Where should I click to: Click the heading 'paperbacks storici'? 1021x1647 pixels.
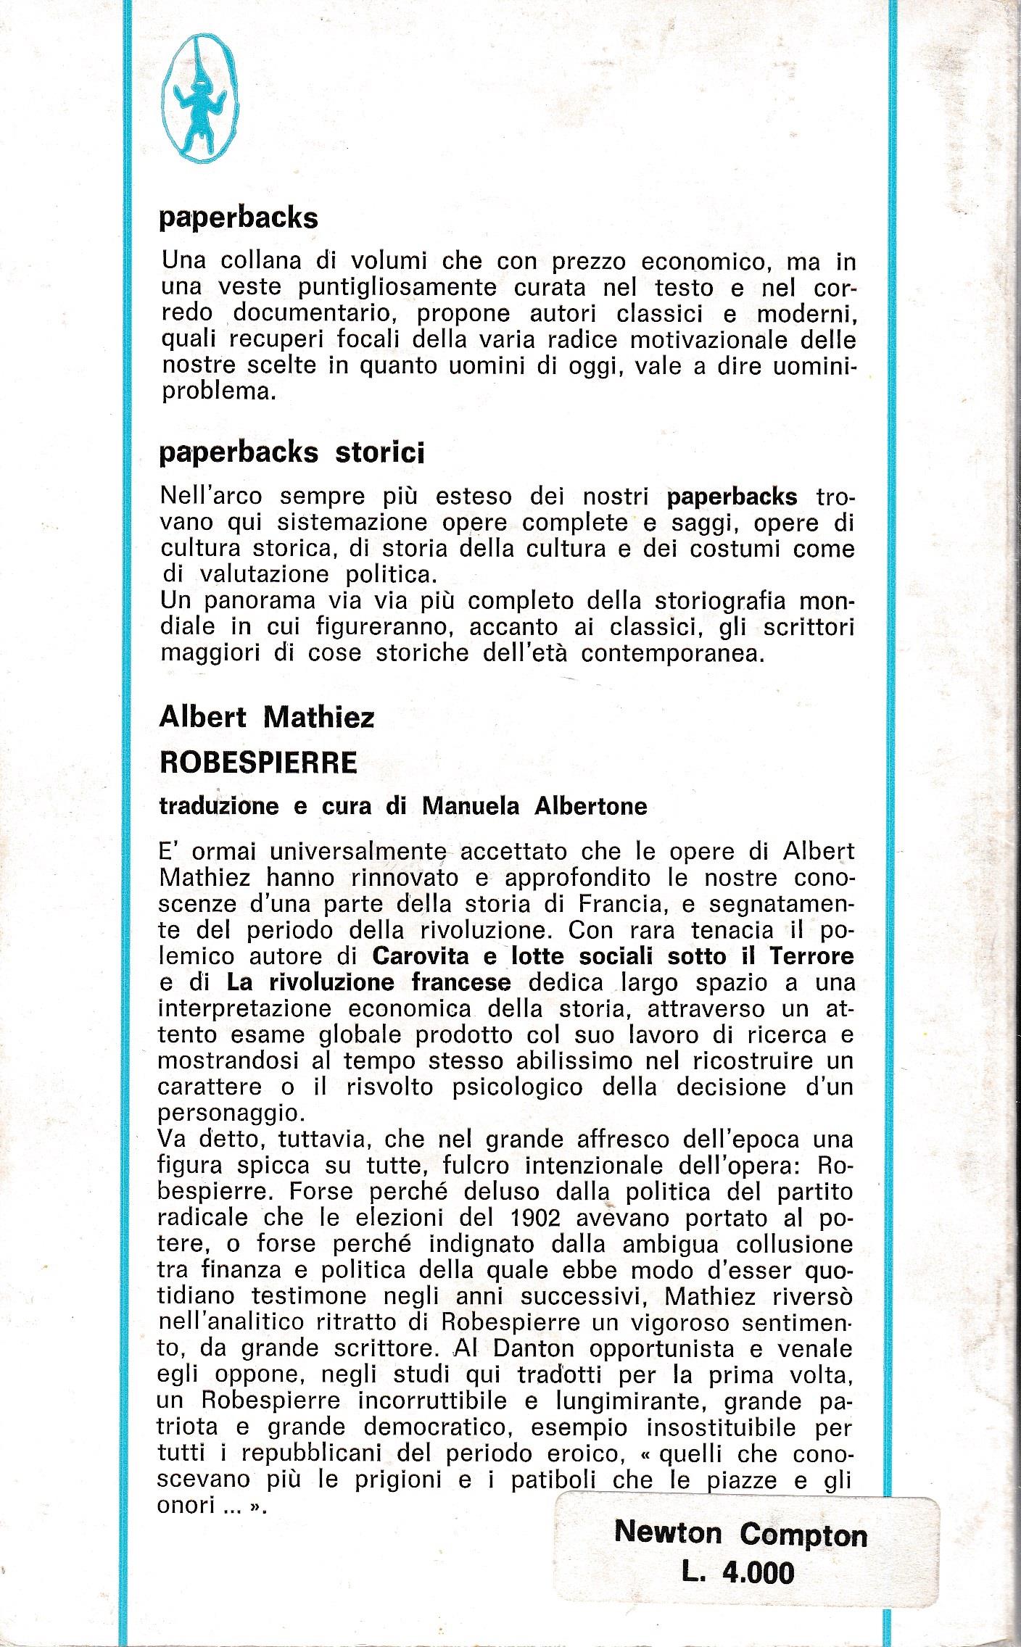292,453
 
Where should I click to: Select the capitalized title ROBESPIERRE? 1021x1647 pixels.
258,762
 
